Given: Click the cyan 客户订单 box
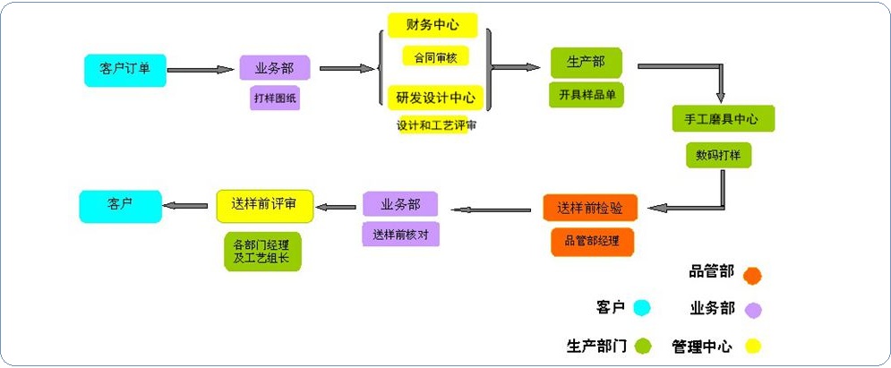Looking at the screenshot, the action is click(125, 71).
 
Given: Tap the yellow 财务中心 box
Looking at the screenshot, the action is click(433, 26).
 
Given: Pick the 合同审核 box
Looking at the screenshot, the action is click(436, 56).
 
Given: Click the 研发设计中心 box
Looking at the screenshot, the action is click(436, 98).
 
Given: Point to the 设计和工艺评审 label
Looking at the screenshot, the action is click(436, 125).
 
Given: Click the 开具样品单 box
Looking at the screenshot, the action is click(587, 95).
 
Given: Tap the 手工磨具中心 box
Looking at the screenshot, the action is click(724, 119).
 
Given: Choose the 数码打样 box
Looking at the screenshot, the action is click(719, 155).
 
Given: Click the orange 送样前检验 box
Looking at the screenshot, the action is click(590, 209).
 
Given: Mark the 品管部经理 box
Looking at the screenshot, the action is click(592, 242).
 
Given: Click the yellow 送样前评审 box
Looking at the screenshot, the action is click(265, 206).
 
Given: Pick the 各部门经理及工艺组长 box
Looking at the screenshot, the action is click(262, 252).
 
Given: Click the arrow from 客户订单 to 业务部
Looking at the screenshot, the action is click(201, 70).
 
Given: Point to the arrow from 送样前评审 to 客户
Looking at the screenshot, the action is click(185, 206).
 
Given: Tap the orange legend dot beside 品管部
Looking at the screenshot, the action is click(753, 275).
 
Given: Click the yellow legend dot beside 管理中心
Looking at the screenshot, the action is click(753, 346).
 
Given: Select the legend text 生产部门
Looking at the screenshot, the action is click(596, 346).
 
